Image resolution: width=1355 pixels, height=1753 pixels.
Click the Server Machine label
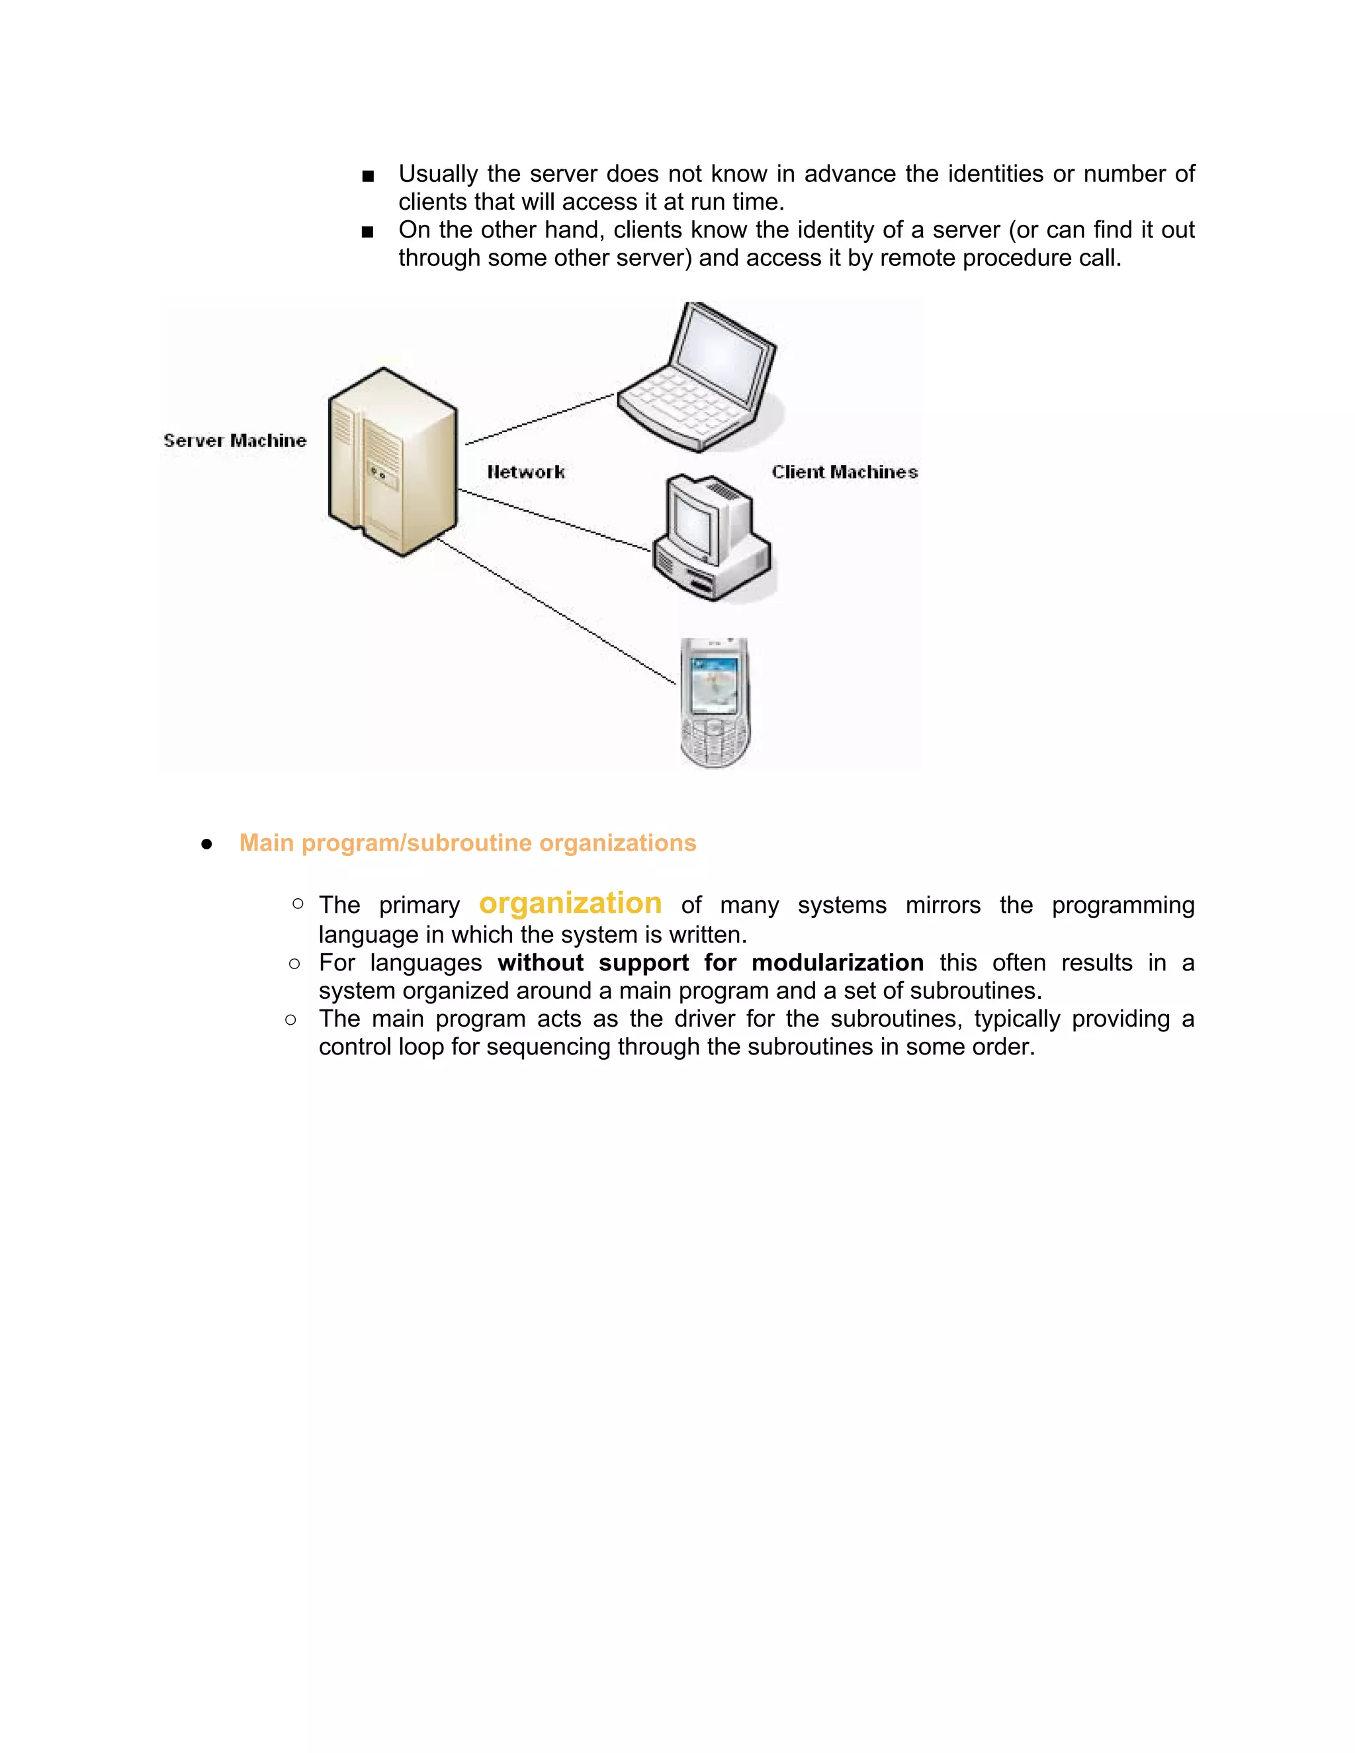pyautogui.click(x=234, y=441)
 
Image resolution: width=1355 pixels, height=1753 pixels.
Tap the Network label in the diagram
pyautogui.click(x=526, y=472)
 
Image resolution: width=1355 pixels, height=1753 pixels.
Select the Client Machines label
pyautogui.click(x=844, y=472)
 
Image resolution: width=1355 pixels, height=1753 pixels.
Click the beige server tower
pyautogui.click(x=392, y=462)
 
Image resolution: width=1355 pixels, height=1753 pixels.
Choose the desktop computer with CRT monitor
pyautogui.click(x=711, y=538)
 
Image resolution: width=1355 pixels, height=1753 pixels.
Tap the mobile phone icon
pyautogui.click(x=715, y=703)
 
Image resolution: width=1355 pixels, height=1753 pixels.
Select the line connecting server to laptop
pyautogui.click(x=539, y=419)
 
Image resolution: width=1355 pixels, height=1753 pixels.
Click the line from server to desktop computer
pyautogui.click(x=554, y=520)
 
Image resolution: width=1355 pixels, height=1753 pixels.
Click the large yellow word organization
pyautogui.click(x=570, y=903)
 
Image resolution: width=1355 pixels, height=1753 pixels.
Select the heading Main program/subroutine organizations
pyautogui.click(x=467, y=843)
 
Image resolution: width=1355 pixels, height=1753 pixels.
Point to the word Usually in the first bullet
pyautogui.click(x=437, y=174)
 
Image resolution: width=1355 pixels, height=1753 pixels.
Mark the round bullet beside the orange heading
pyautogui.click(x=207, y=844)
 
